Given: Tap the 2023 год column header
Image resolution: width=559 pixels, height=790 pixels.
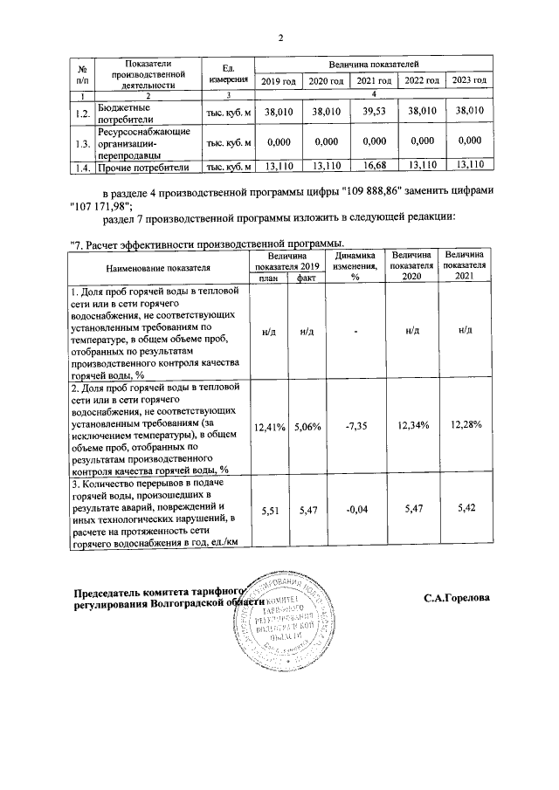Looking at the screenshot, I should (470, 81).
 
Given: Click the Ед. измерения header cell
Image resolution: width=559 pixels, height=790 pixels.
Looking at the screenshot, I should (229, 74).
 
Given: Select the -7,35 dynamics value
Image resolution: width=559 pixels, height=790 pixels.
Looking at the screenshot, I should (355, 427).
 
